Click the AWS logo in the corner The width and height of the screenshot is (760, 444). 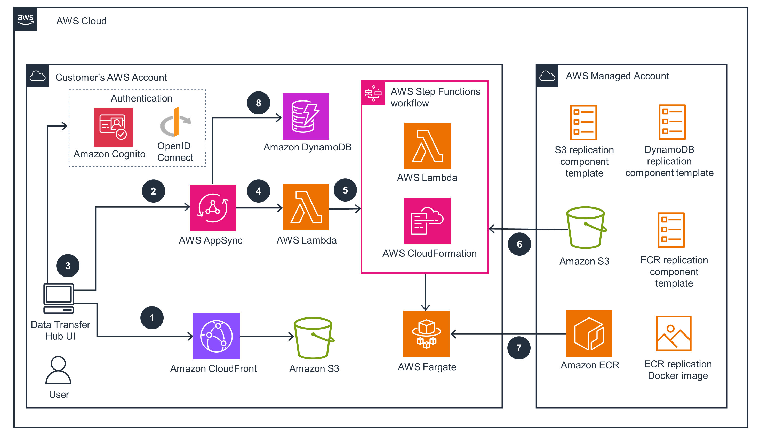click(25, 19)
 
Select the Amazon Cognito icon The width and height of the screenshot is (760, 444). click(113, 127)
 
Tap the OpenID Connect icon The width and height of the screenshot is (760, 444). click(176, 122)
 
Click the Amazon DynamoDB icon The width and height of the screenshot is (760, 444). click(306, 116)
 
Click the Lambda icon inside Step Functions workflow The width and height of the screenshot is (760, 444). click(427, 146)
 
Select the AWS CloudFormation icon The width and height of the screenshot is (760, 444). click(427, 221)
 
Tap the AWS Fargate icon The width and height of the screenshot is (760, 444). click(426, 334)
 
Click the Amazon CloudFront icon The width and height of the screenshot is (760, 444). click(216, 336)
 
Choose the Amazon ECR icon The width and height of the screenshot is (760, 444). click(589, 333)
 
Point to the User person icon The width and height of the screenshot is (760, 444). click(58, 370)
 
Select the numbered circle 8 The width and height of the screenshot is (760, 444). click(259, 103)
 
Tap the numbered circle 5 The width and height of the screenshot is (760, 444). click(345, 190)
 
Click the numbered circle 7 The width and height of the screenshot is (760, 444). click(519, 348)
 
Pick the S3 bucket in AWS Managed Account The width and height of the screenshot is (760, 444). click(586, 228)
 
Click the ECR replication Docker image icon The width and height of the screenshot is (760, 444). click(674, 333)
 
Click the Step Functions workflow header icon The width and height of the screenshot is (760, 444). click(373, 93)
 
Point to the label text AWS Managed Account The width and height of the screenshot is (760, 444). click(617, 76)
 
